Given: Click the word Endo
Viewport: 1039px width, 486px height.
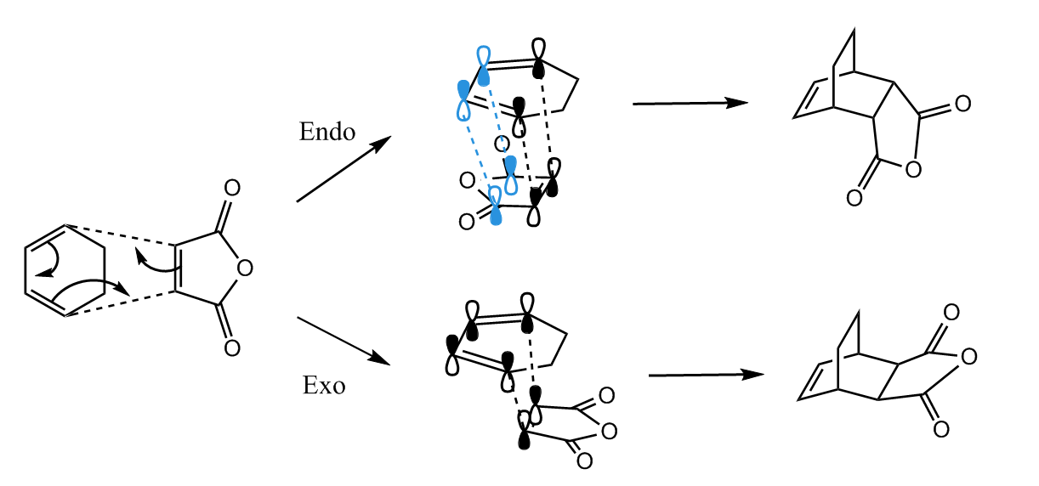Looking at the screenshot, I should tap(326, 133).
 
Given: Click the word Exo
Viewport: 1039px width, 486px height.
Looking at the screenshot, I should tap(324, 387).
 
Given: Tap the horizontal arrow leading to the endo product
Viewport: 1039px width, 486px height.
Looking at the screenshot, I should tap(690, 104).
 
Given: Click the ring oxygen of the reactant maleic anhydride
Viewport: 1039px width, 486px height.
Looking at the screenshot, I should tap(246, 269).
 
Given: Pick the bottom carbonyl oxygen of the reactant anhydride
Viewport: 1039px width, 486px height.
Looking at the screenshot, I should tap(231, 348).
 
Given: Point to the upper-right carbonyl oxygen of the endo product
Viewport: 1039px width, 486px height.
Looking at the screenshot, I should tap(962, 105).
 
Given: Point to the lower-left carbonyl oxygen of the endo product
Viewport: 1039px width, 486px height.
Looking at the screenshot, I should tap(854, 199).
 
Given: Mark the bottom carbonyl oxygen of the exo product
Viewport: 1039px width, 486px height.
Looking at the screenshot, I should tap(940, 430).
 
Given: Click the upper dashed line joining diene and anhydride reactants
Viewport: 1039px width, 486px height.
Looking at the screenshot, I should tap(119, 235).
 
